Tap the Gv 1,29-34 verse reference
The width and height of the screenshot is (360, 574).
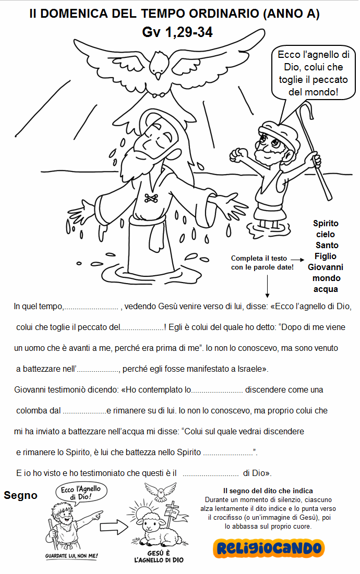pos(177,32)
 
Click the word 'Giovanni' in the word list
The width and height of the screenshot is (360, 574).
pos(326,267)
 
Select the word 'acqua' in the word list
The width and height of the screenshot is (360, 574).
pos(326,289)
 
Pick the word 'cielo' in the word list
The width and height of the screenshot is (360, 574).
pos(326,234)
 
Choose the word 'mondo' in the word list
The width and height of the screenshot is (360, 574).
pos(326,278)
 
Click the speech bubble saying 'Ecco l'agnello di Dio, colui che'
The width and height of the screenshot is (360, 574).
pos(313,73)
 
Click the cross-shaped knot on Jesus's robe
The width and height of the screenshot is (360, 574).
pos(151,198)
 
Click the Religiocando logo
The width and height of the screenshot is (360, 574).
pos(269,548)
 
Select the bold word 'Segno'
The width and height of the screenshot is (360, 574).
pos(20,495)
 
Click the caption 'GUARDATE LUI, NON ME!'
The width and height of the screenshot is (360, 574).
pos(71,556)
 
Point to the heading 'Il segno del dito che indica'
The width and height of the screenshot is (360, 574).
pos(268,491)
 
